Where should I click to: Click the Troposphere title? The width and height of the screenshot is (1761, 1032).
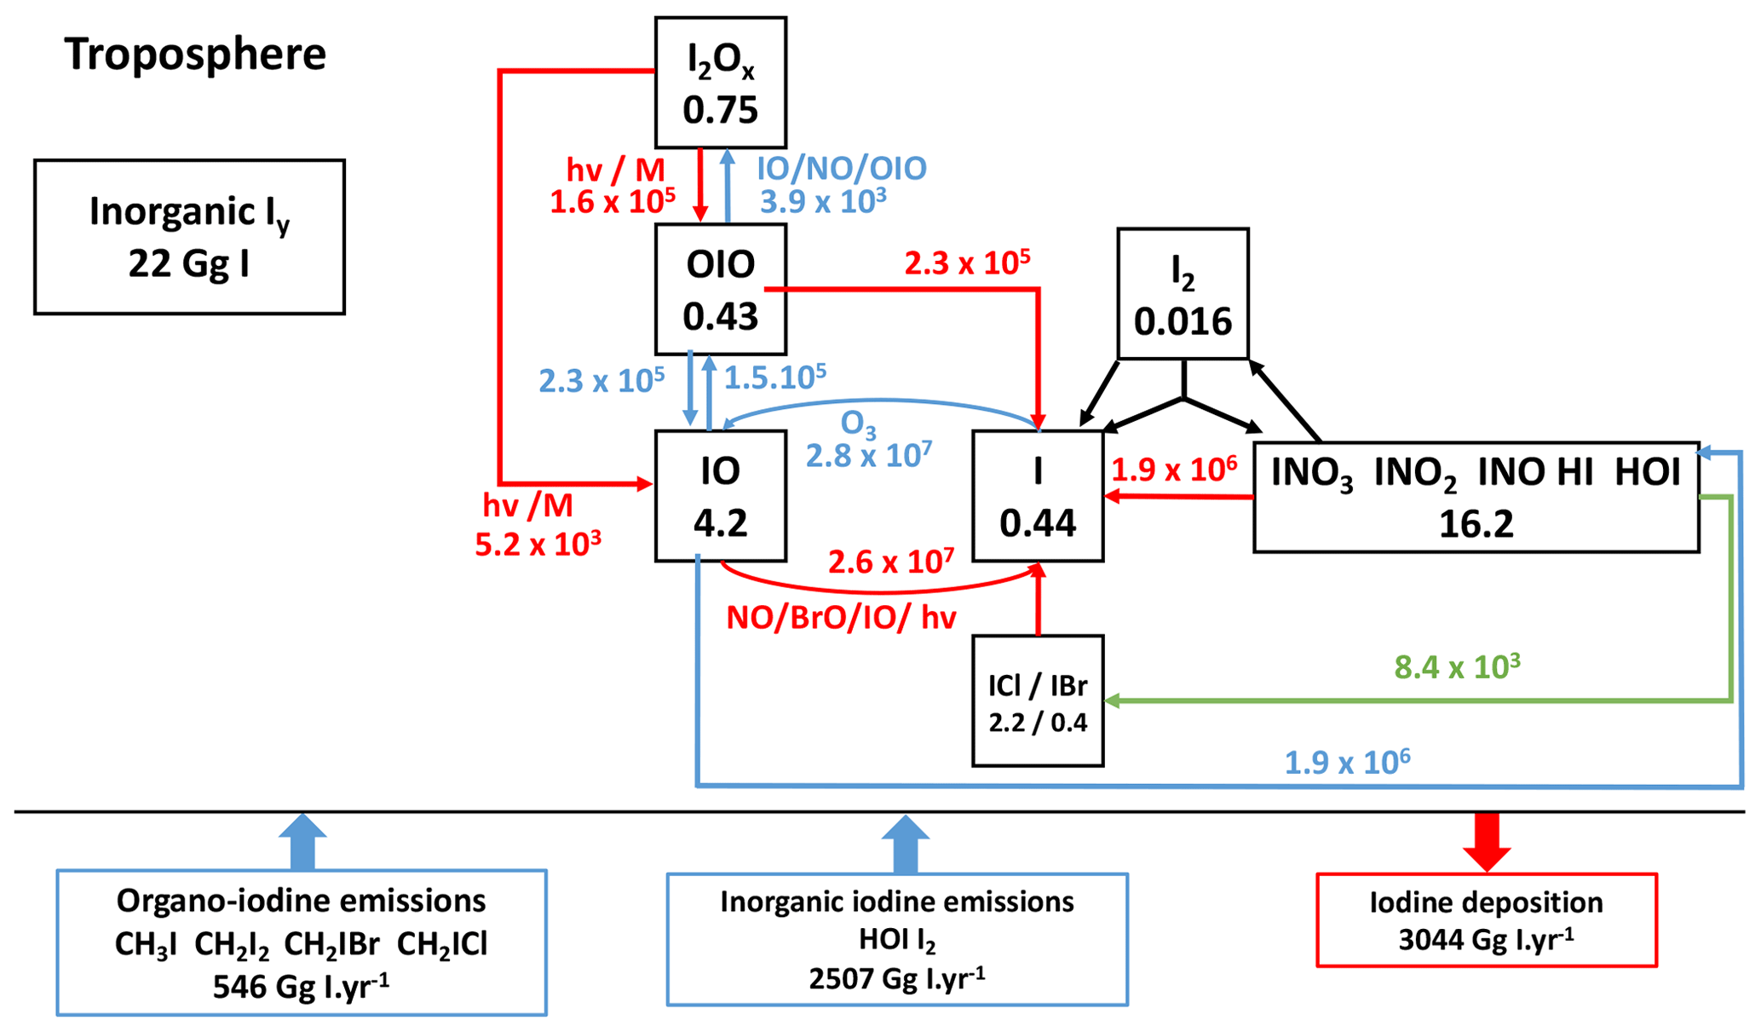pos(195,54)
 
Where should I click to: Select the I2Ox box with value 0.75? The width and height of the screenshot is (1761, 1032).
pos(720,83)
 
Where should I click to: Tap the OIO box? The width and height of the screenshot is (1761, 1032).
pos(720,289)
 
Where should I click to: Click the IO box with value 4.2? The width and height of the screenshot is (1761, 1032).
pos(720,496)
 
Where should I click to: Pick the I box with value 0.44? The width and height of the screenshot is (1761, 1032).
pos(1038,496)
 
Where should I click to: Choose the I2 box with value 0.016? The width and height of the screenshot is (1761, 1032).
pos(1183,293)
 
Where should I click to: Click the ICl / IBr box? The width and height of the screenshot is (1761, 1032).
pos(1038,700)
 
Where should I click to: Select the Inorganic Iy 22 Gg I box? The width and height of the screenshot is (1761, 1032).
pos(189,237)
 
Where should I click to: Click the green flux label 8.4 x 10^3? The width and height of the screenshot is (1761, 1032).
pos(1457,666)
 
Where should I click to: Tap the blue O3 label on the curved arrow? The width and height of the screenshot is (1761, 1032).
pos(858,424)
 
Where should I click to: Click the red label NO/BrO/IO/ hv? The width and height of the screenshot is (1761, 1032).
pos(841,617)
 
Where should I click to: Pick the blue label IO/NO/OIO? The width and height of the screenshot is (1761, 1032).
pos(841,169)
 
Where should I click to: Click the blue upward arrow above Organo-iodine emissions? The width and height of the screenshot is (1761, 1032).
pos(302,841)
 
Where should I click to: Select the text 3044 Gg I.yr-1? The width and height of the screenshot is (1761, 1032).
pos(1486,939)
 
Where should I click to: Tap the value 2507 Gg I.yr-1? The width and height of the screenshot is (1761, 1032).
pos(896,977)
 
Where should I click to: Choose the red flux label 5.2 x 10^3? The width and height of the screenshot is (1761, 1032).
pos(538,544)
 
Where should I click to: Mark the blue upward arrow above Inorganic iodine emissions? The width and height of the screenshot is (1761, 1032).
pos(905,844)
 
